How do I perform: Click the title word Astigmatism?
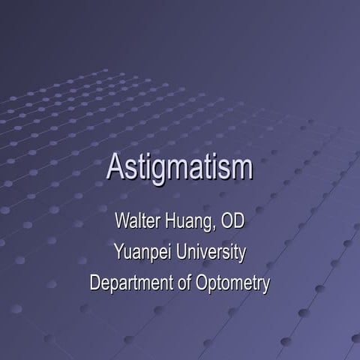coord(179,166)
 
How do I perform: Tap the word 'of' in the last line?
coord(177,283)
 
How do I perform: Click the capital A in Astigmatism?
coord(115,166)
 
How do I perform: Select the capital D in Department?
coord(94,283)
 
